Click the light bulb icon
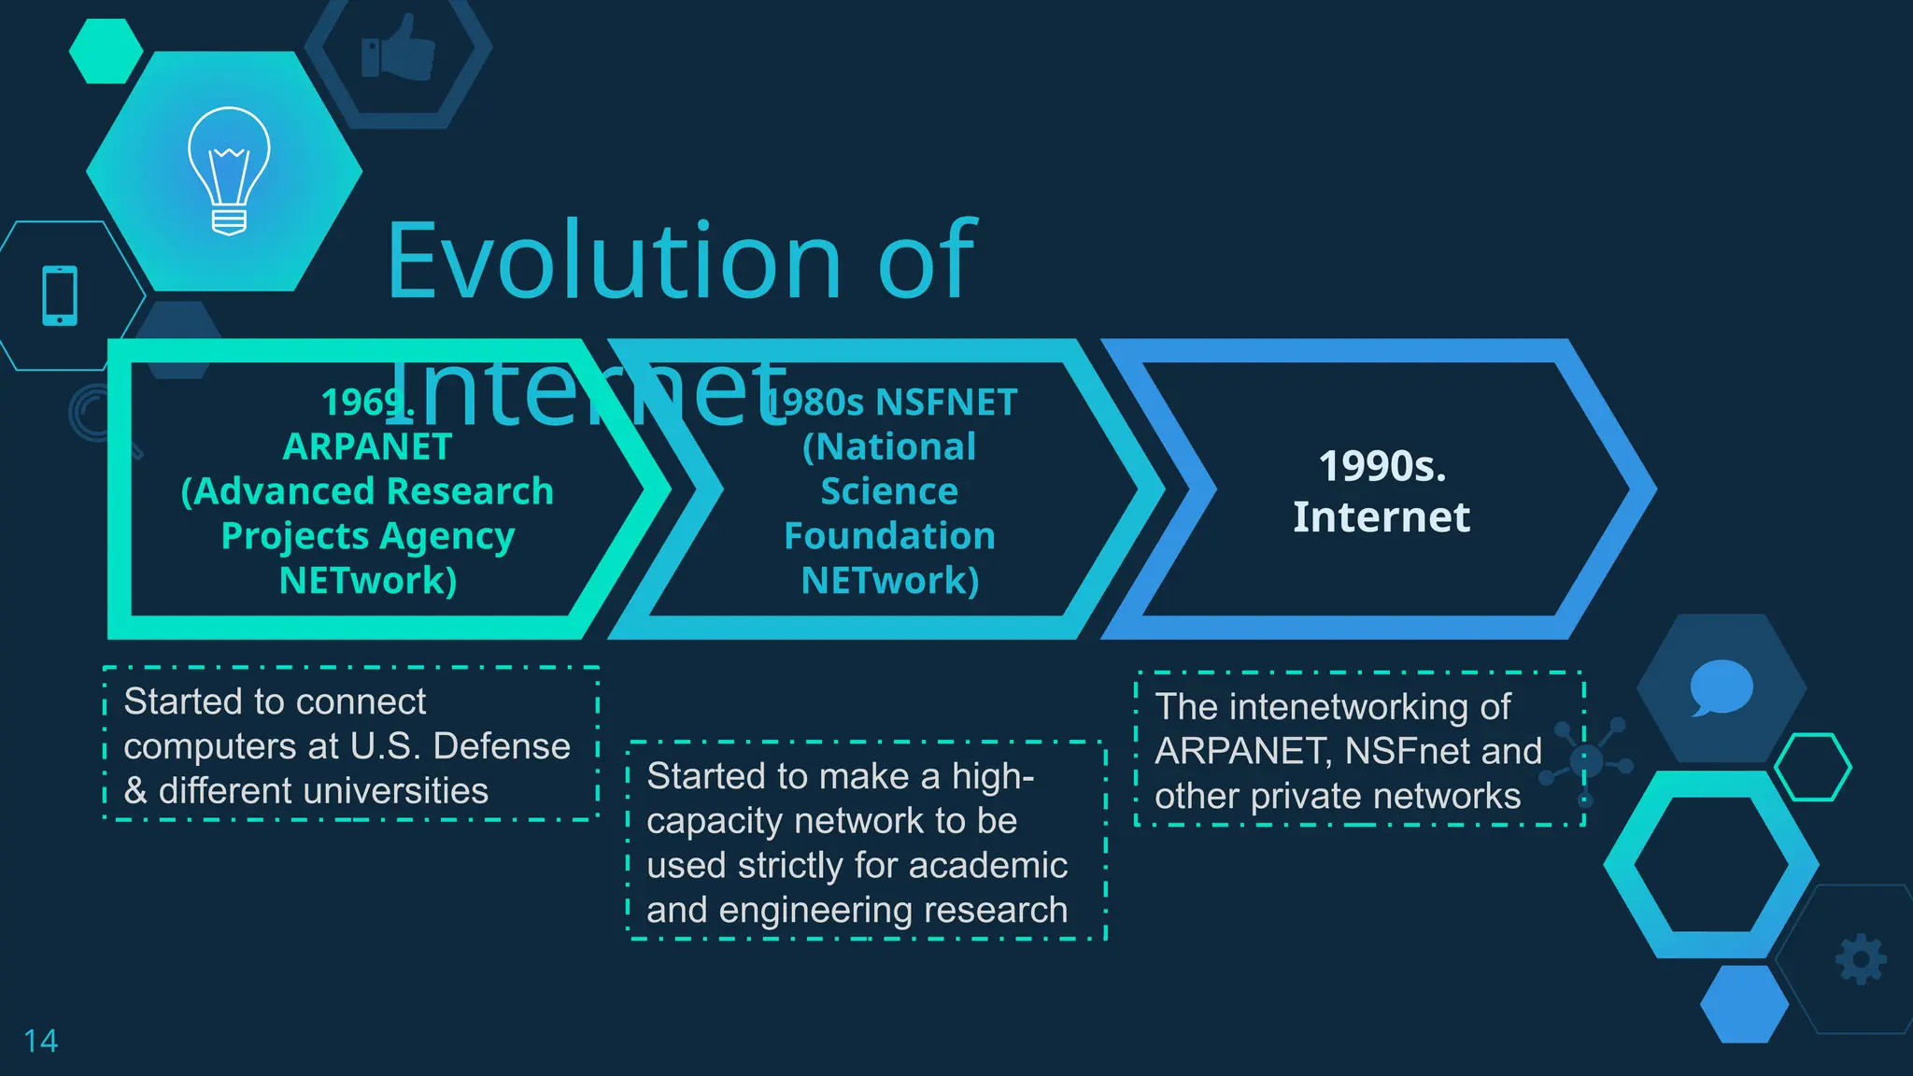pos(229,171)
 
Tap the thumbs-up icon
pos(399,49)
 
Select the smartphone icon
pos(60,296)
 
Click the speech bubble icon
pos(1721,687)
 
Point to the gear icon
pos(1861,959)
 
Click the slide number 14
pos(40,1041)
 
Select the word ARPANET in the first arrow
pos(367,446)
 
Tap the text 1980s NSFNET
pos(892,403)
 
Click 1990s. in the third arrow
pos(1382,466)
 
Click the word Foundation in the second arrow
pos(889,536)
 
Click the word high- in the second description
pos(992,776)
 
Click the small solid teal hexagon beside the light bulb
pos(106,51)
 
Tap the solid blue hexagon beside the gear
pos(1744,1004)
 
